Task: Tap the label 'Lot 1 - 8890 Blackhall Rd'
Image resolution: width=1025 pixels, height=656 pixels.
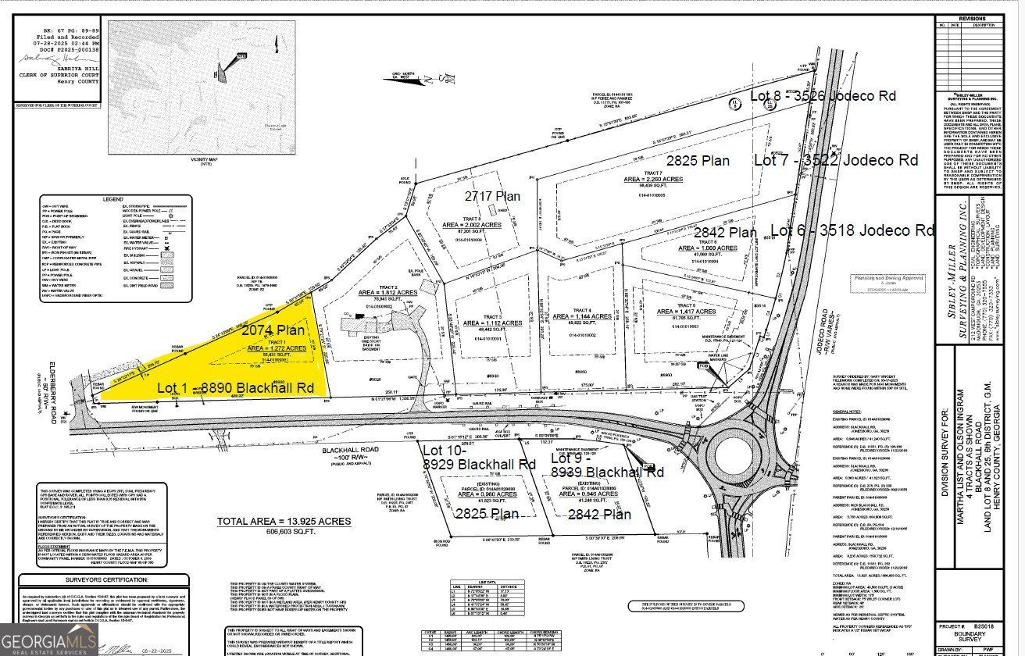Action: point(235,387)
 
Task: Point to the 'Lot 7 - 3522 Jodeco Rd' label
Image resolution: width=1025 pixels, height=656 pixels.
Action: point(835,160)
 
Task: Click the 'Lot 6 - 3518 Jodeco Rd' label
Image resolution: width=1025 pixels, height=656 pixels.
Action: point(852,230)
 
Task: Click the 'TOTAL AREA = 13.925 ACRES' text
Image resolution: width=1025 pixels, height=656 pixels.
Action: point(284,521)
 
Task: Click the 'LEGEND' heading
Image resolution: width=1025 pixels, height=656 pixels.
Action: point(112,199)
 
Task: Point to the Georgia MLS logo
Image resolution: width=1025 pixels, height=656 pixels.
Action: point(48,640)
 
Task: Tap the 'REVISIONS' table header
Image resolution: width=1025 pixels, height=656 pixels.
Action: point(969,19)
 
